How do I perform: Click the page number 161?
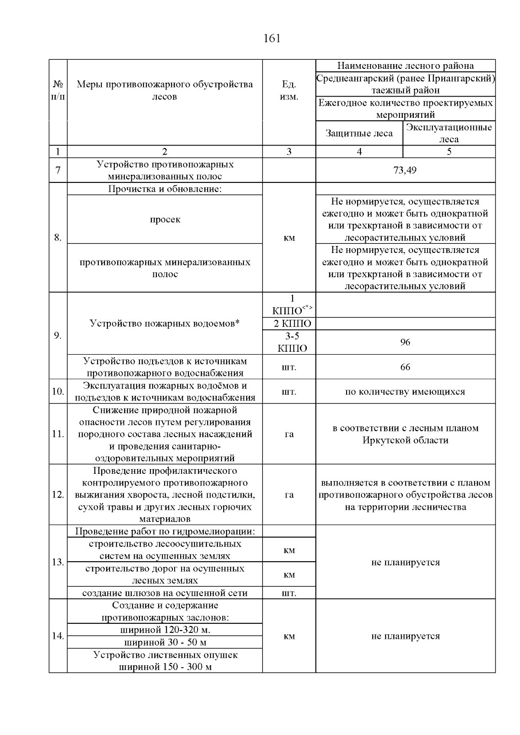point(272,39)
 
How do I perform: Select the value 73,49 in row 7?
point(405,170)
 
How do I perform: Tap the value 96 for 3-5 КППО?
point(405,343)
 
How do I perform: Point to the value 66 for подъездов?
point(405,367)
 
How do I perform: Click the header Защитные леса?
point(359,133)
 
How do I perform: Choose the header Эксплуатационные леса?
point(449,133)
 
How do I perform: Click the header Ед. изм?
point(289,91)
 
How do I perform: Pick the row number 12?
point(58,495)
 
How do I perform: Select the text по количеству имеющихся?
point(405,392)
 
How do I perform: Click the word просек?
point(165,220)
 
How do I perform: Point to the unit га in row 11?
point(289,434)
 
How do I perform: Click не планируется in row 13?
point(405,563)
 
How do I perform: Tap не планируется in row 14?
point(405,636)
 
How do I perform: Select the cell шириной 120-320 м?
point(165,630)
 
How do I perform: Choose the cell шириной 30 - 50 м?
point(165,642)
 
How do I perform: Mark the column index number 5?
point(449,152)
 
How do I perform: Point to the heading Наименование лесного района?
point(405,66)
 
